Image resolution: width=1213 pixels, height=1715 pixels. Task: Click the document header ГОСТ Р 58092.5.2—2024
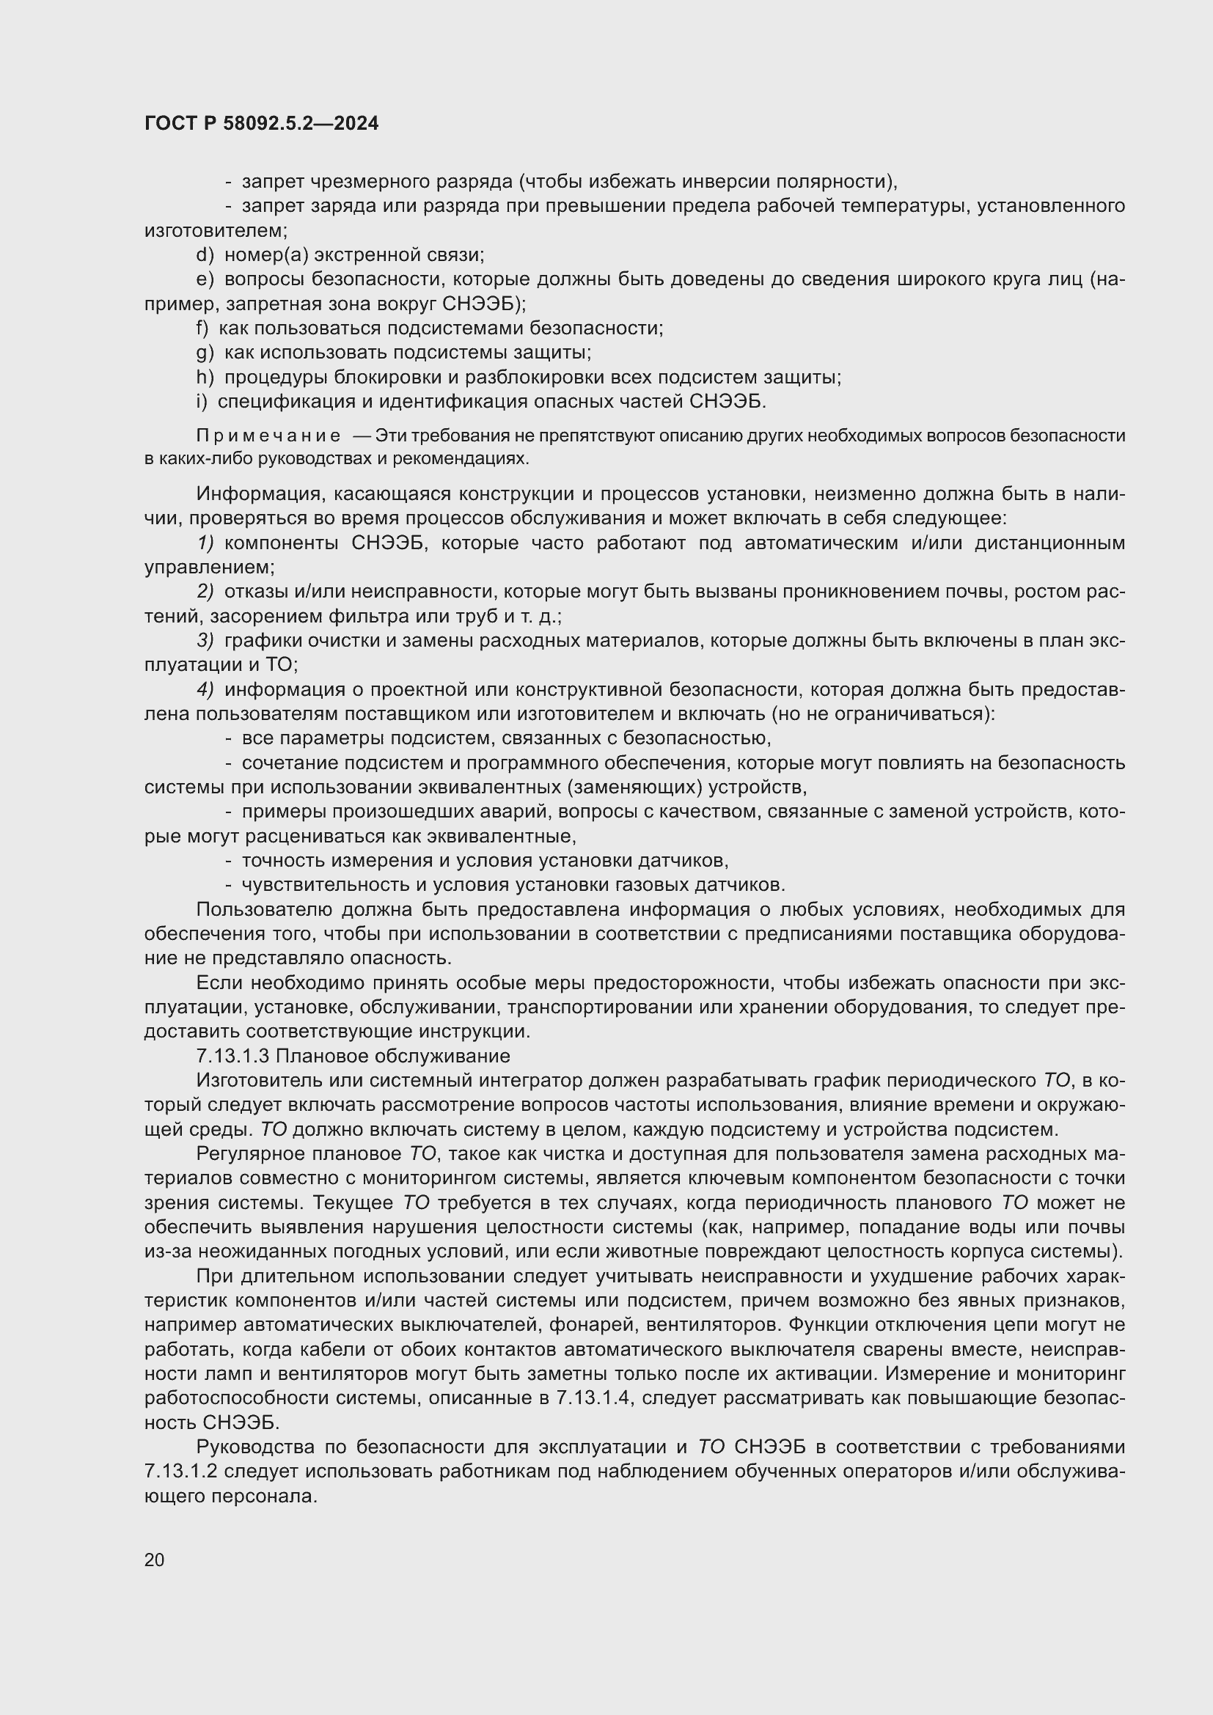tap(261, 123)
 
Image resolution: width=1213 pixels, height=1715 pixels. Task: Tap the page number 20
tap(155, 1560)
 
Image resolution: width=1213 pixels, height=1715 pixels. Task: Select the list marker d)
tap(205, 254)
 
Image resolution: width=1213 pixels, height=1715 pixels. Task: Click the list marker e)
tap(205, 279)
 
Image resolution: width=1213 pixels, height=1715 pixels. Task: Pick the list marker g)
tap(205, 353)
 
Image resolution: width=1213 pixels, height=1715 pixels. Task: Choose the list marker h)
tap(205, 377)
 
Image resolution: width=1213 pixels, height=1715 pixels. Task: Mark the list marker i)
tap(202, 402)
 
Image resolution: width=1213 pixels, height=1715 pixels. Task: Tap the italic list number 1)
tap(205, 543)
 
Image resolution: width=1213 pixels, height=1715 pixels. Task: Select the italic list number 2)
tap(205, 592)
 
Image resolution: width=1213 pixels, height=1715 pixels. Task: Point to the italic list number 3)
tap(205, 640)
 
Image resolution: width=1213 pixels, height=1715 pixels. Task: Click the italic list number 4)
tap(205, 689)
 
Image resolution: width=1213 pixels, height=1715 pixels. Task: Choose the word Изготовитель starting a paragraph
tap(262, 1081)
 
